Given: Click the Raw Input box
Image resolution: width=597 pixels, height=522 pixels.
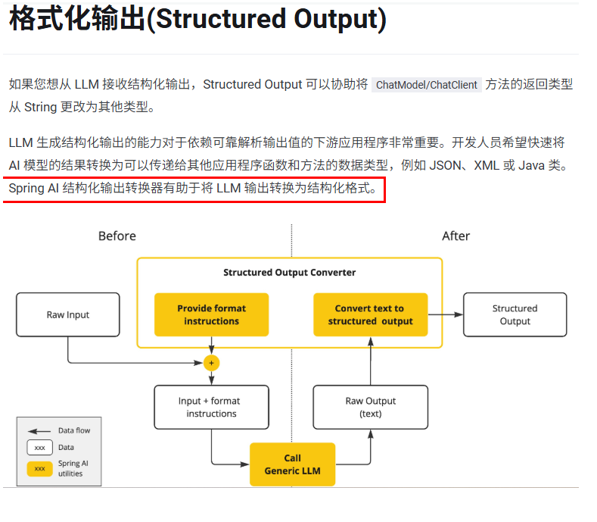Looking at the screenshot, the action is click(x=68, y=314).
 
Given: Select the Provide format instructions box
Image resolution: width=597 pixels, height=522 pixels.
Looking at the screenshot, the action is click(x=211, y=314).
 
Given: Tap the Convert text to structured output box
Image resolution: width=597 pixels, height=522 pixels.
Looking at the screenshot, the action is click(x=370, y=314).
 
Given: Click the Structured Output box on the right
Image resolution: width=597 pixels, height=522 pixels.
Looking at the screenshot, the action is click(x=515, y=314).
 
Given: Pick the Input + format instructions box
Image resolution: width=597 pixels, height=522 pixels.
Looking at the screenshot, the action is click(x=211, y=407).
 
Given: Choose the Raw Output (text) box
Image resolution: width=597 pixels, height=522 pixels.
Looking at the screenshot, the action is click(x=370, y=407).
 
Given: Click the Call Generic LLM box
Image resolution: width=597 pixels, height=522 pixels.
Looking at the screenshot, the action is click(x=292, y=464).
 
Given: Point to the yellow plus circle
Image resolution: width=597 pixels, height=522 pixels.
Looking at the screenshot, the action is click(x=211, y=363).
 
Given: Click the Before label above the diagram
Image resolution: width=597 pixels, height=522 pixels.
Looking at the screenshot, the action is click(x=117, y=236).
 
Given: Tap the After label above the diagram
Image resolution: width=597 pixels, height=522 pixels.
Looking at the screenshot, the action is click(x=456, y=236).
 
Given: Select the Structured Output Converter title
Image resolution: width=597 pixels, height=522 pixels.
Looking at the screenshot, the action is click(x=289, y=272).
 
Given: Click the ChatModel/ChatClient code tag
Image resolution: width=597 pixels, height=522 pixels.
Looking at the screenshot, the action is click(x=427, y=85).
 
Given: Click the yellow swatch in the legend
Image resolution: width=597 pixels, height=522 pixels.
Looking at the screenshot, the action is click(x=39, y=468).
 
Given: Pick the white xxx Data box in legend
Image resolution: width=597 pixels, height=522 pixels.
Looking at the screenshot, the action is click(x=39, y=448).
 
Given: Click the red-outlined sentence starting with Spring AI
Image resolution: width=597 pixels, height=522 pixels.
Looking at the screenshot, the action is click(x=193, y=188).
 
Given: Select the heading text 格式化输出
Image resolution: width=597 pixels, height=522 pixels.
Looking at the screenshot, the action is click(x=76, y=20).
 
